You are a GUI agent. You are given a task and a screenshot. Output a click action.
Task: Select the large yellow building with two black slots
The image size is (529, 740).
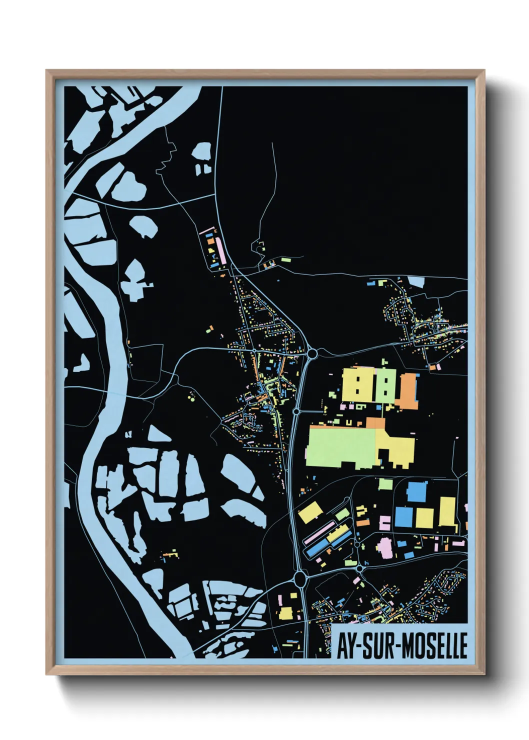pos(358,385)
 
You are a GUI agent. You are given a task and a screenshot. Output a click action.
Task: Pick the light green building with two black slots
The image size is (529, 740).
pos(385,385)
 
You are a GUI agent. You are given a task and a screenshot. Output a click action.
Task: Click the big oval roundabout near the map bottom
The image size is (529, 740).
pos(300,579)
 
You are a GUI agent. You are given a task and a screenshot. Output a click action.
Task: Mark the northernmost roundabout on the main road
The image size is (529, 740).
pos(312,354)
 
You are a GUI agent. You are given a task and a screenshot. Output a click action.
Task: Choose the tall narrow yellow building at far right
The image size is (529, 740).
pos(447,511)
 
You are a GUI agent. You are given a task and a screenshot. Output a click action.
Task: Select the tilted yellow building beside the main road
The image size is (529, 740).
pos(310,512)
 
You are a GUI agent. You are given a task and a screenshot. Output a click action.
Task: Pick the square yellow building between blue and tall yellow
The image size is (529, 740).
pos(424,517)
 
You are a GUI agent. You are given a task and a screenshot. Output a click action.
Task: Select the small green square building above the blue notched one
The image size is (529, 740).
pos(385,483)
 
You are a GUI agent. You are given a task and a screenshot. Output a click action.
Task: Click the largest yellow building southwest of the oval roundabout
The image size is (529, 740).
pos(286,613)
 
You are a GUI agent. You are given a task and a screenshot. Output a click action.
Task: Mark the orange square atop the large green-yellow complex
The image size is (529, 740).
pos(376,423)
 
